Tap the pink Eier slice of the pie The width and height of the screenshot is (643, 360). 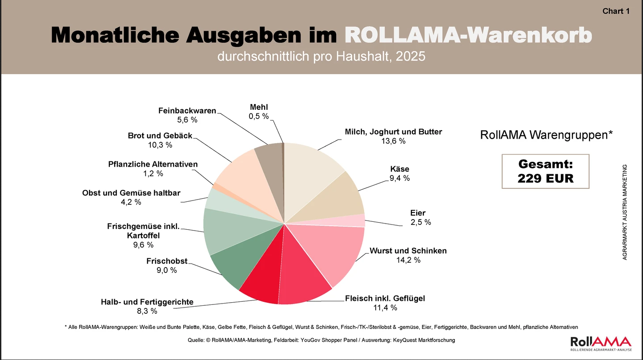358,220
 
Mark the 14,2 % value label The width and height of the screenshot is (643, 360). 408,260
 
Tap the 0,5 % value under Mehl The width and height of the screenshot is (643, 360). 259,116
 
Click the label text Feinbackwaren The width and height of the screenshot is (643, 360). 187,111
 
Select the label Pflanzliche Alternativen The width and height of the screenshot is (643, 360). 153,164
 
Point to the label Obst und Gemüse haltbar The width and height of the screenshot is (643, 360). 131,193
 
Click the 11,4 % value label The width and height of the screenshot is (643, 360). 385,308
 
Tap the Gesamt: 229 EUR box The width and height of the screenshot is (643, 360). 545,172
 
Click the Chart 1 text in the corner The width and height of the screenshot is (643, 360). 616,12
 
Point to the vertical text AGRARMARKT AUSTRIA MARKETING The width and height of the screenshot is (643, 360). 625,212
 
